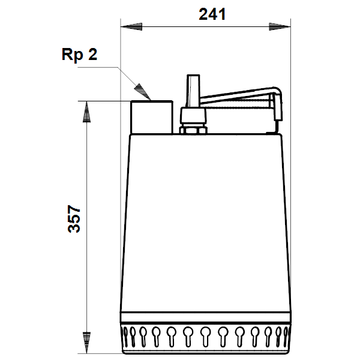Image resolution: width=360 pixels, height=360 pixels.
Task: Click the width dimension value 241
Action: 212,14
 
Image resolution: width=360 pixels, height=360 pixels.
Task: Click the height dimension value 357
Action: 74,219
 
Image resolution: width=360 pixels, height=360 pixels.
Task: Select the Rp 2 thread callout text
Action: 79,55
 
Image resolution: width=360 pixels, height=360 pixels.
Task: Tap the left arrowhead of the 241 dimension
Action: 131,26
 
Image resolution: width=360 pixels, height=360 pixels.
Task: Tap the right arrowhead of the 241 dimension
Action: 280,26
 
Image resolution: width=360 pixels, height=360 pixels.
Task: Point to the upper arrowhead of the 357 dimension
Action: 86,112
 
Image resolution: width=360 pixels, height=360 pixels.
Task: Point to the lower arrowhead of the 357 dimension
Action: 86,343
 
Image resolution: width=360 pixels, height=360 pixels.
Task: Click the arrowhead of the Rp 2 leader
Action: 142,92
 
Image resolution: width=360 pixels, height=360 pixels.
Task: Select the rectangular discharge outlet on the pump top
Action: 152,117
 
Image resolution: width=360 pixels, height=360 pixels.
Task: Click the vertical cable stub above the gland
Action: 193,91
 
